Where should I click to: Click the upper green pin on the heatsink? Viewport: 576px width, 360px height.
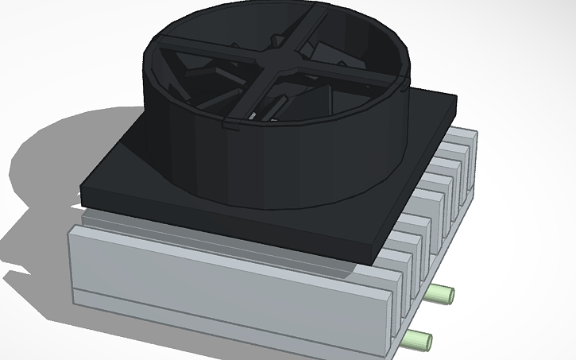tap(438, 295)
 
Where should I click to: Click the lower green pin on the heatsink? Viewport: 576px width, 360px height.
tap(418, 340)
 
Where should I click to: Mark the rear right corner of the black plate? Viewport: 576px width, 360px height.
tap(454, 99)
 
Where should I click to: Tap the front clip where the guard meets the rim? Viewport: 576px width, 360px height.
tap(230, 125)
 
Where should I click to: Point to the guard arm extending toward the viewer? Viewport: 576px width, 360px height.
tap(254, 95)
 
